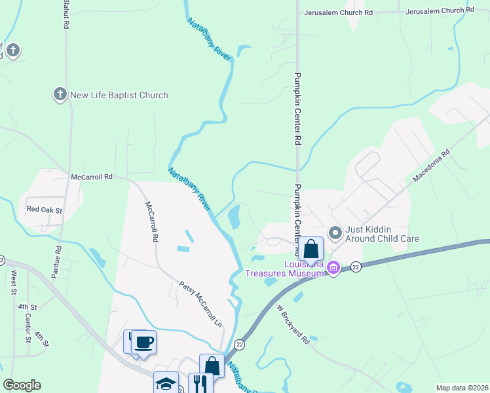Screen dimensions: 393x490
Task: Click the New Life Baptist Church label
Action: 119,95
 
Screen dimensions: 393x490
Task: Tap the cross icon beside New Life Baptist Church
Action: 60,95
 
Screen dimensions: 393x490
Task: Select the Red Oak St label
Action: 44,210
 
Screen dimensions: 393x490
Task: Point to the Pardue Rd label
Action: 58,240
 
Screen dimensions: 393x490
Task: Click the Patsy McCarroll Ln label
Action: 202,305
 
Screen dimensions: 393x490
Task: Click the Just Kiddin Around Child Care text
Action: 382,234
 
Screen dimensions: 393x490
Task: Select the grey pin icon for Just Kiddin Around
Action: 335,233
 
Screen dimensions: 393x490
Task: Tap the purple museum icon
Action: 333,267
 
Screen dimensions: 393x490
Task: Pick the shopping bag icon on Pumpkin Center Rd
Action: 312,250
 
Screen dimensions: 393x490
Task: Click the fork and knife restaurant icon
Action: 200,383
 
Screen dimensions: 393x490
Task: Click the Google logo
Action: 22,385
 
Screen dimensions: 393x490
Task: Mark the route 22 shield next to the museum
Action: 356,267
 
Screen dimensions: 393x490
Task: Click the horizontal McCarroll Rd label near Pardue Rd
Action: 92,177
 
